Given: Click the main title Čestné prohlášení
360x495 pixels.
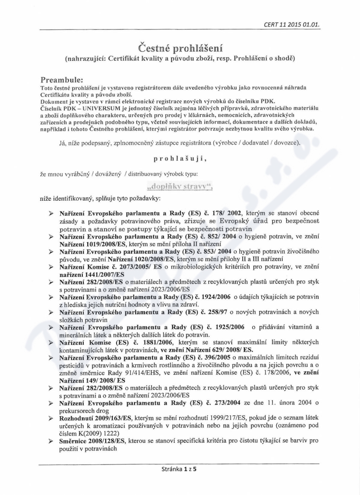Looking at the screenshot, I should pyautogui.click(x=180, y=47).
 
